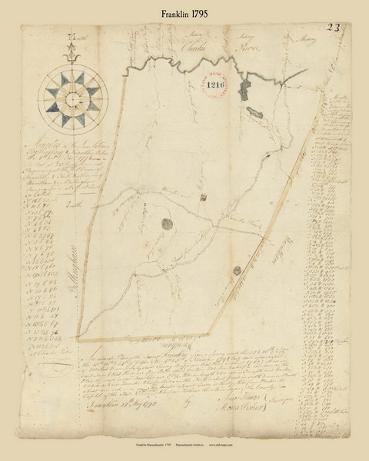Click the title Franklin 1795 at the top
[184, 14]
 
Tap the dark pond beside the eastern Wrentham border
[238, 269]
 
